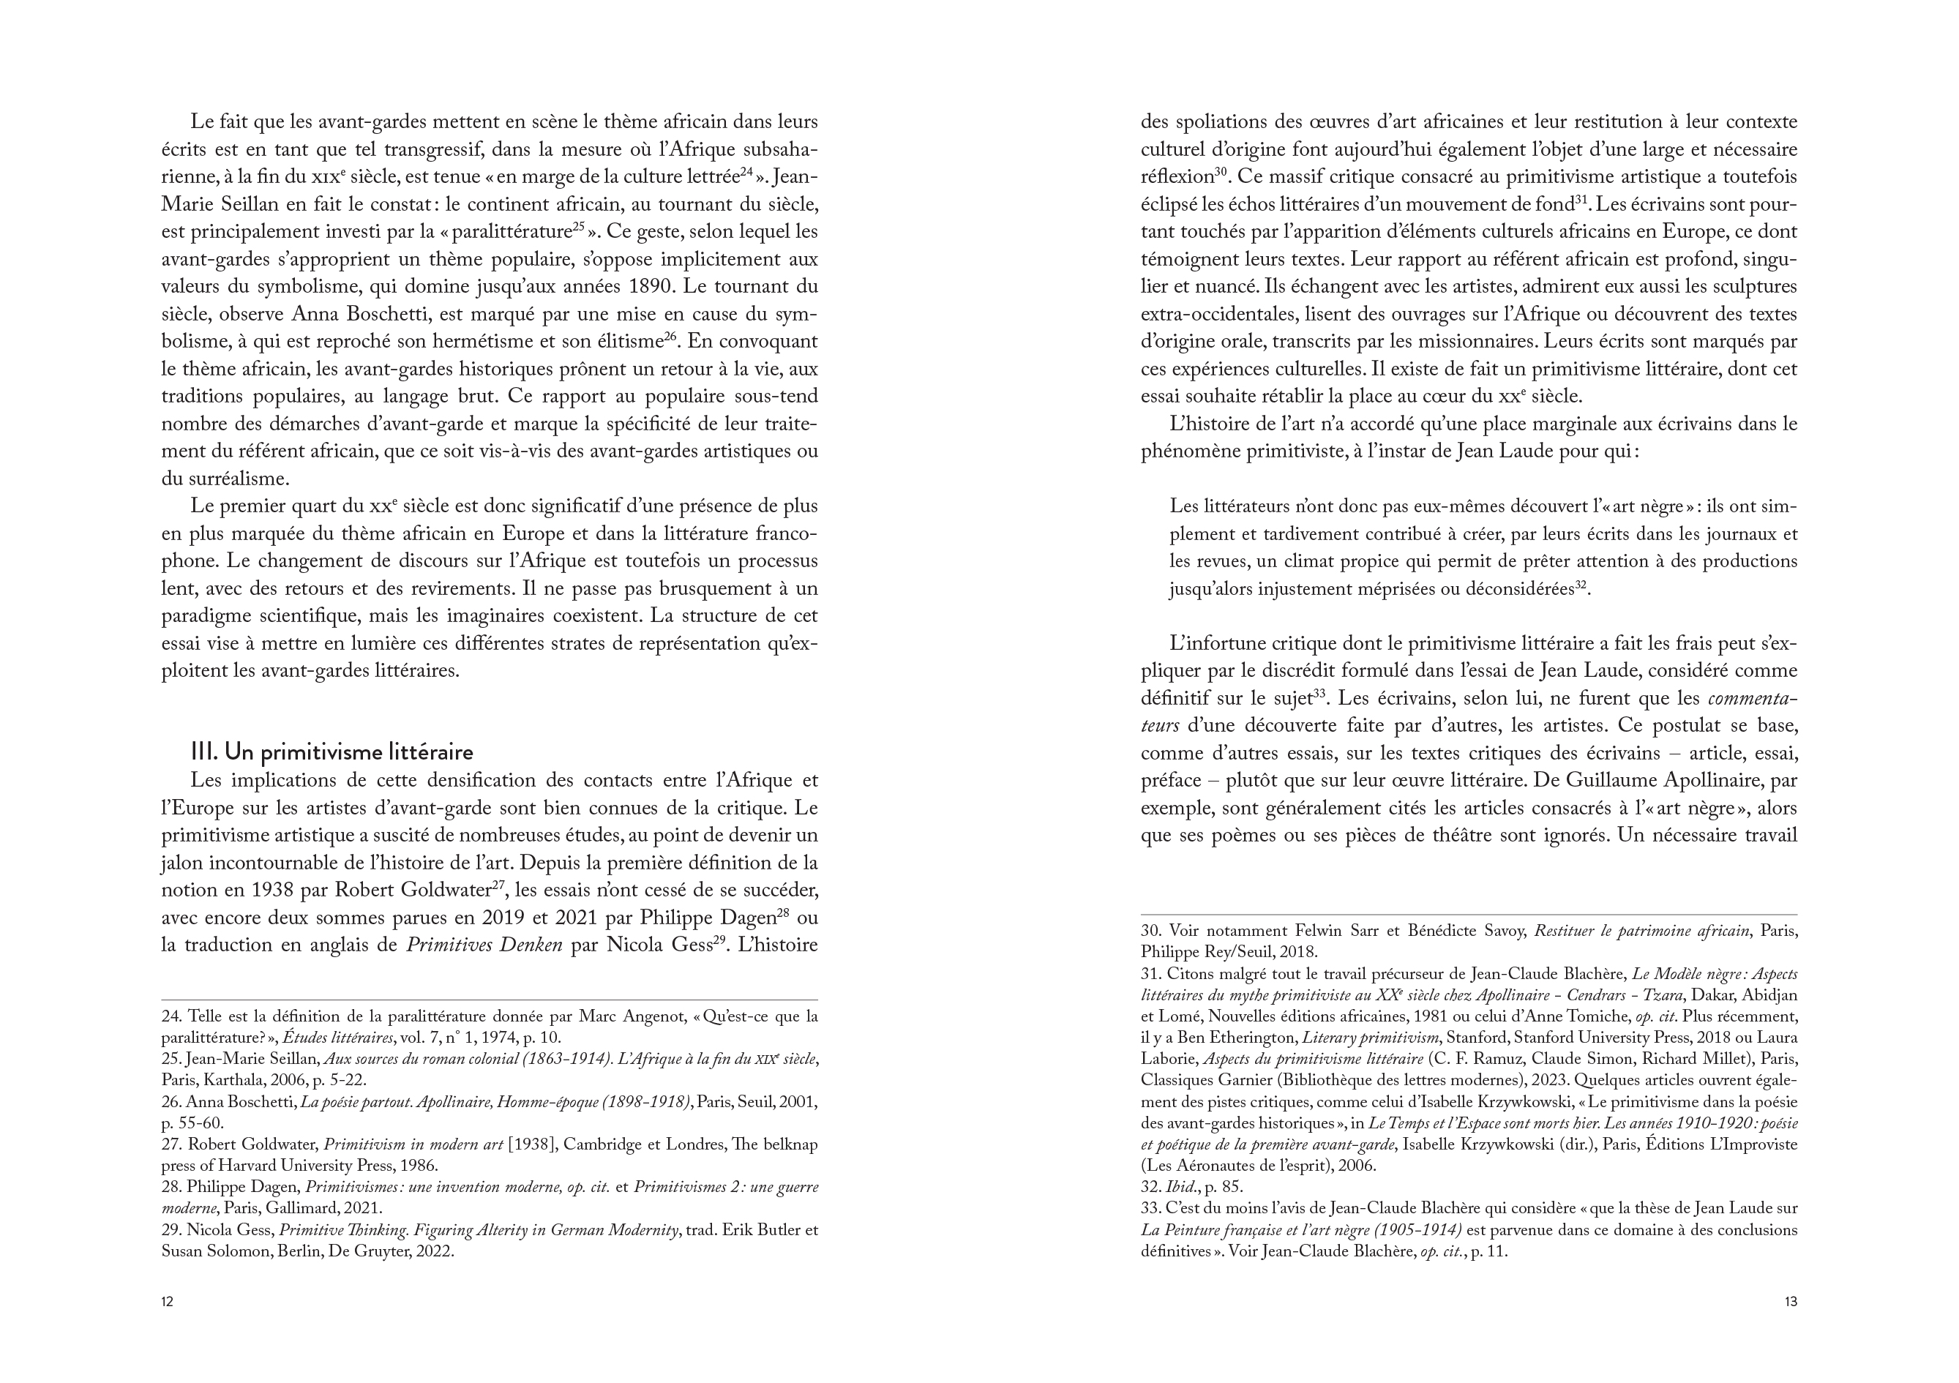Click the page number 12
168,1302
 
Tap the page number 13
1790,1302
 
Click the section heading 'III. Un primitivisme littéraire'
332,752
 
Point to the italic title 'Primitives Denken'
484,945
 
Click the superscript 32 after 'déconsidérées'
1580,585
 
